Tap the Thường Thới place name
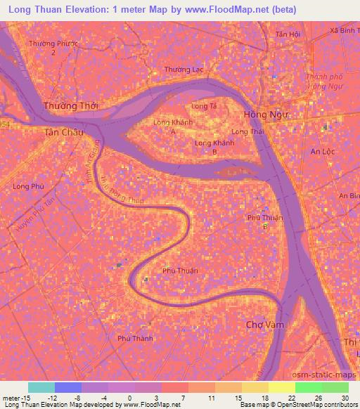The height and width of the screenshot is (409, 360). point(71,105)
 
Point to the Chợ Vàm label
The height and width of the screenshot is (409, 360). point(264,324)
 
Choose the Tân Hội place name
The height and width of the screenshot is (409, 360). point(288,34)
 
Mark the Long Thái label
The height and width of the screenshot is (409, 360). point(247,131)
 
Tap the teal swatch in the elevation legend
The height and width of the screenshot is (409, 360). point(41,387)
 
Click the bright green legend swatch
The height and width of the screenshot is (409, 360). point(308,387)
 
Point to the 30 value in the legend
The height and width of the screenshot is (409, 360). point(344,398)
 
